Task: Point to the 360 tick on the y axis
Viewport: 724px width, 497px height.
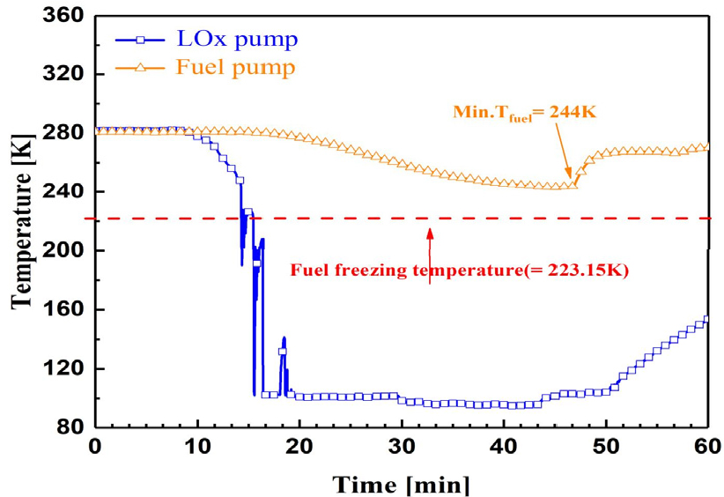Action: pyautogui.click(x=68, y=16)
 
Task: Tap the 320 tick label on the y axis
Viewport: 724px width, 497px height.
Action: pyautogui.click(x=68, y=75)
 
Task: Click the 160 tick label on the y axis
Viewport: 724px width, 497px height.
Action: pyautogui.click(x=68, y=310)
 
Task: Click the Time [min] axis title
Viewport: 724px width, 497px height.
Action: pyautogui.click(x=400, y=483)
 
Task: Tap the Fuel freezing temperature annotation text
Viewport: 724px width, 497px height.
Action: pyautogui.click(x=458, y=271)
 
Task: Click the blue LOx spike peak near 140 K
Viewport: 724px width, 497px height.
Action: pyautogui.click(x=284, y=338)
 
